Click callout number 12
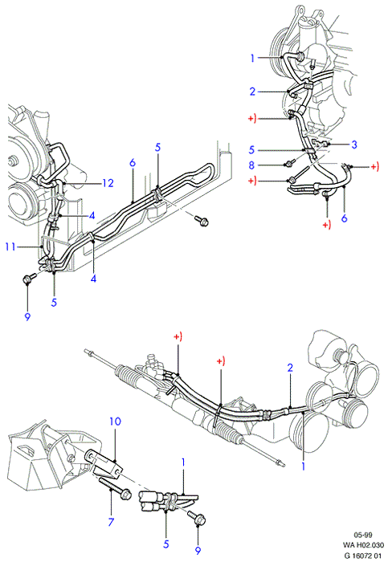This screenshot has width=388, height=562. point(108,183)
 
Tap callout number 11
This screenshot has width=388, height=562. point(10,246)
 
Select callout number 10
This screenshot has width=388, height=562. point(115,421)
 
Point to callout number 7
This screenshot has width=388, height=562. point(111,522)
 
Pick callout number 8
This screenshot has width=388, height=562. point(251,165)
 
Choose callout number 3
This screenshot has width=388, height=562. point(354,145)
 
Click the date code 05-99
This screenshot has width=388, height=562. point(363,536)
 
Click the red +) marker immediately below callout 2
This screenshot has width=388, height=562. point(252,119)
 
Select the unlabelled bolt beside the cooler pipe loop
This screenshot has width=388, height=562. point(202,221)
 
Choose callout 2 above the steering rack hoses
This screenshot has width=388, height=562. point(290,368)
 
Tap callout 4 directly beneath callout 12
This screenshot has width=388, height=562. point(92,215)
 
